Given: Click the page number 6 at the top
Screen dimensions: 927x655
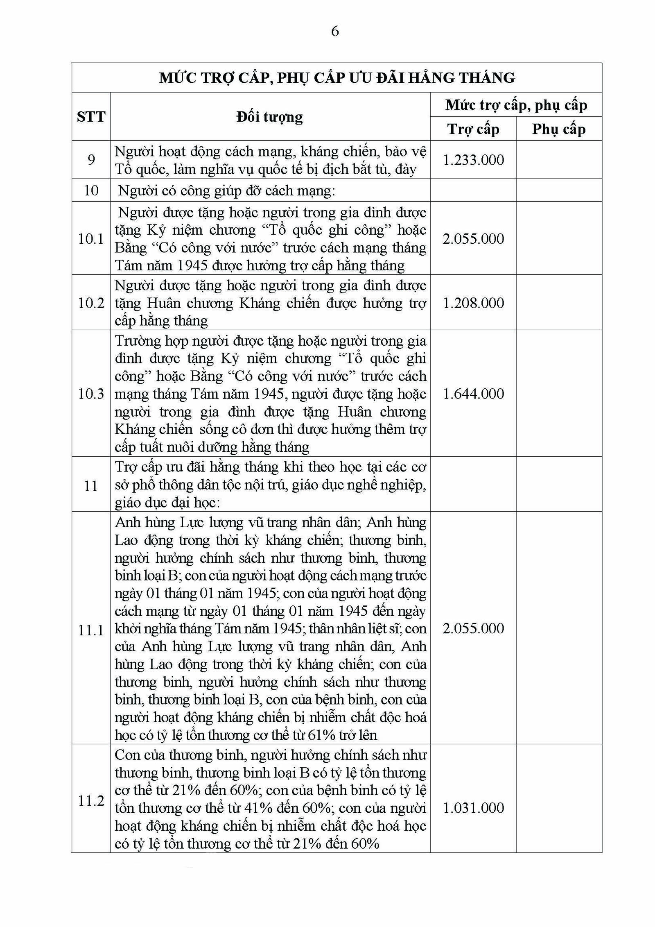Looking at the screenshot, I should pyautogui.click(x=334, y=32).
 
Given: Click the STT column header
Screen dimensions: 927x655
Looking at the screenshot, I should pyautogui.click(x=91, y=117).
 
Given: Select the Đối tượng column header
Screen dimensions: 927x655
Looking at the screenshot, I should pyautogui.click(x=270, y=117).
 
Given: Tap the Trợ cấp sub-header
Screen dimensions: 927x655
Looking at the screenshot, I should pyautogui.click(x=473, y=129).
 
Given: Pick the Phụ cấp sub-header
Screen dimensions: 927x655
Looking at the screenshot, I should pyautogui.click(x=558, y=129).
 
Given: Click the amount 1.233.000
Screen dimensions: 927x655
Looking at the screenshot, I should pyautogui.click(x=473, y=160).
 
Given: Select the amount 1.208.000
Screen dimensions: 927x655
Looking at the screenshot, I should pyautogui.click(x=473, y=303).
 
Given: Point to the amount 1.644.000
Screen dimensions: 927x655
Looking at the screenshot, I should pyautogui.click(x=473, y=394).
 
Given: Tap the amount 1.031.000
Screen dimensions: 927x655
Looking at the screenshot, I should pyautogui.click(x=473, y=808).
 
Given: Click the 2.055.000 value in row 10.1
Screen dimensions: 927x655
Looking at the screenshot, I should pyautogui.click(x=473, y=239).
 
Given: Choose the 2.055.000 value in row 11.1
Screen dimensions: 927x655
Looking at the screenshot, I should pyautogui.click(x=473, y=628).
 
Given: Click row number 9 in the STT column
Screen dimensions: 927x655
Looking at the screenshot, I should pyautogui.click(x=91, y=160).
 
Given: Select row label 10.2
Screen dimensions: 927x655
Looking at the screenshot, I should pyautogui.click(x=91, y=303).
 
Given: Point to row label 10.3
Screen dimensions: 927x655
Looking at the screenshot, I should pyautogui.click(x=91, y=394).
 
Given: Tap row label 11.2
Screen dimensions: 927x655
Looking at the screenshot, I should pyautogui.click(x=91, y=800).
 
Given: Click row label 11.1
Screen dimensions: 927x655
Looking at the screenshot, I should pyautogui.click(x=91, y=630).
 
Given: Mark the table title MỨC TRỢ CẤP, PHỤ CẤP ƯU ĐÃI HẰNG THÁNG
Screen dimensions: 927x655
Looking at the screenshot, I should pyautogui.click(x=337, y=78).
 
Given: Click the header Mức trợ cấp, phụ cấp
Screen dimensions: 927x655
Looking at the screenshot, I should pyautogui.click(x=516, y=105).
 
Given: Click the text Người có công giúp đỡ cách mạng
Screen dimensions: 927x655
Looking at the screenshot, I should pyautogui.click(x=226, y=190).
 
